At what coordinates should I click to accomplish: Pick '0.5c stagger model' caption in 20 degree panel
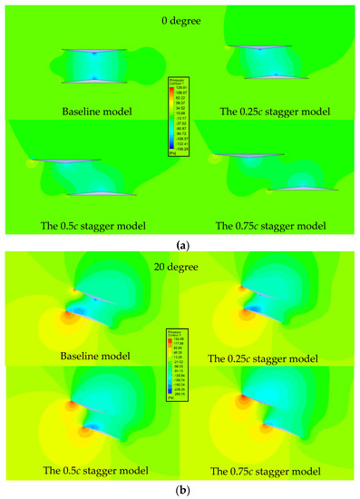(89, 471)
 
